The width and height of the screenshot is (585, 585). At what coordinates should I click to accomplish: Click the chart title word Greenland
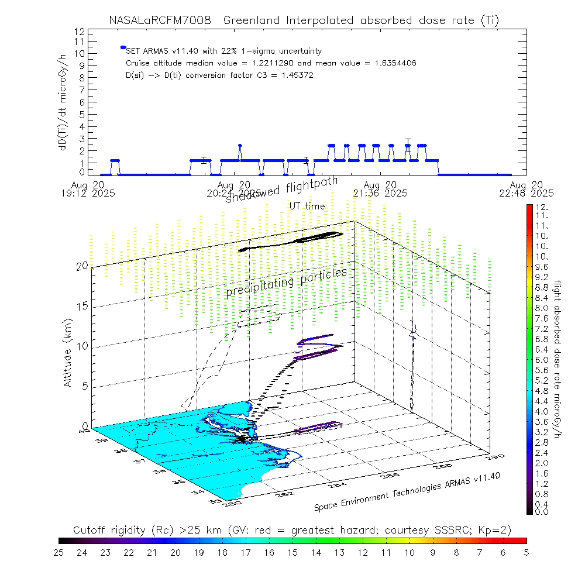[255, 20]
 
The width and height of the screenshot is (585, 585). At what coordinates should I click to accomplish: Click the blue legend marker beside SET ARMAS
[123, 47]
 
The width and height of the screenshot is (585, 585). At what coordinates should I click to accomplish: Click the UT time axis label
[307, 206]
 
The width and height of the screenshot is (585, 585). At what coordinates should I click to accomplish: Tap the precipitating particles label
[286, 283]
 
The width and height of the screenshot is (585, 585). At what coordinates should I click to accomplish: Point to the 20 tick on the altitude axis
[81, 266]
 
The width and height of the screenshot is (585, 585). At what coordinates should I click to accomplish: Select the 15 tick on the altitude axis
[81, 306]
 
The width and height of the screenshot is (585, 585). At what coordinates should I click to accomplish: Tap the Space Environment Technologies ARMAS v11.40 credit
[407, 492]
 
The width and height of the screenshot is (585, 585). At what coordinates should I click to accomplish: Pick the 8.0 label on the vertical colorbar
[541, 308]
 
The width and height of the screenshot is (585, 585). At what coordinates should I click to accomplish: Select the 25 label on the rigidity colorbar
[59, 552]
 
